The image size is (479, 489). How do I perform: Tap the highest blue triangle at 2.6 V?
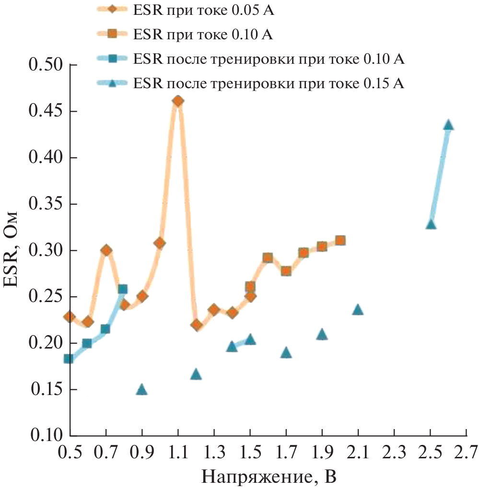[448, 125]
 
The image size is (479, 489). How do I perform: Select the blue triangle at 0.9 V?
[142, 389]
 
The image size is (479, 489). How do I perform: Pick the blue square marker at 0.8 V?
[123, 289]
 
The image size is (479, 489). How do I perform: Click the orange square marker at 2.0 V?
[340, 240]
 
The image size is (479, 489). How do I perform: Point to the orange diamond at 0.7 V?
[106, 250]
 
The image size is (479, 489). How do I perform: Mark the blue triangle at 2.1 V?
[358, 310]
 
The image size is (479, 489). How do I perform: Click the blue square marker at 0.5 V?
[69, 359]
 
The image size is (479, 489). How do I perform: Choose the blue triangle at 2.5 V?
[431, 224]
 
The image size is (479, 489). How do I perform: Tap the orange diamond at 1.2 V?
[196, 325]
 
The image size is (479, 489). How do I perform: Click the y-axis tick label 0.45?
[46, 111]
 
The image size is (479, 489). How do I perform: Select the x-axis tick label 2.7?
[467, 452]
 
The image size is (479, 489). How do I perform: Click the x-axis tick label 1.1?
[178, 452]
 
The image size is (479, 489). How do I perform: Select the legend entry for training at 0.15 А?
[269, 84]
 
